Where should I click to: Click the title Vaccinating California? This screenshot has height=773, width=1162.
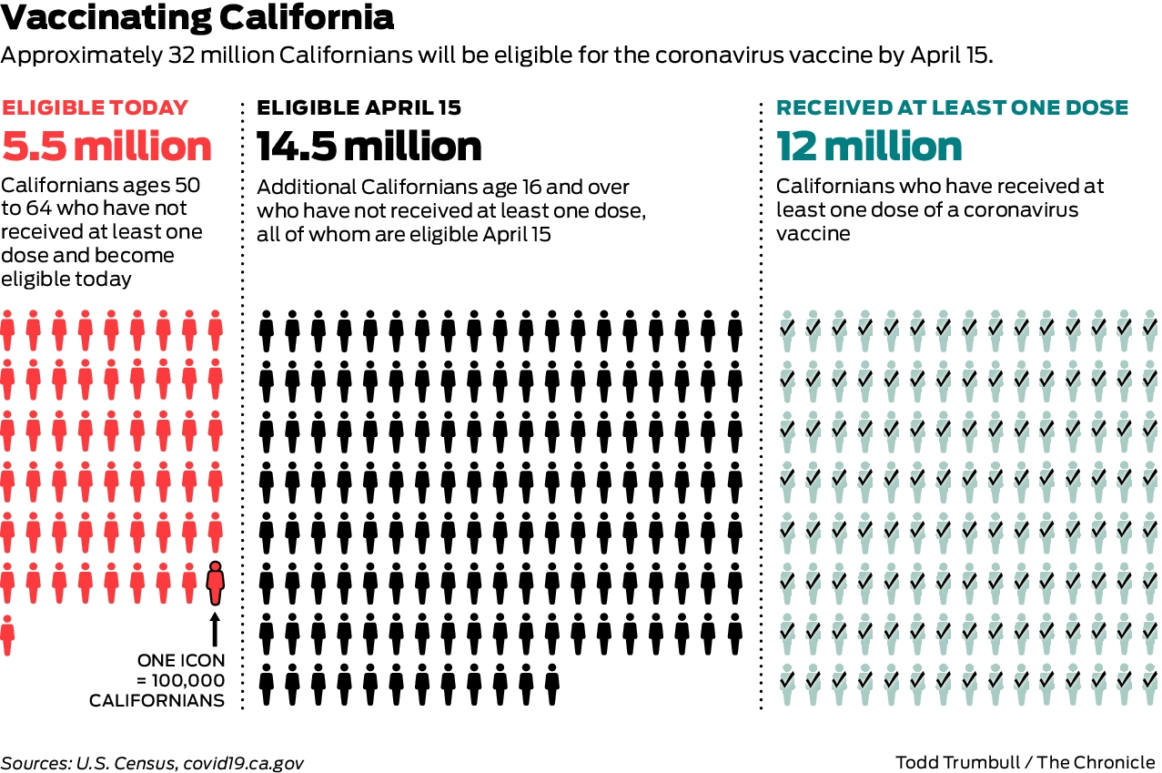pyautogui.click(x=197, y=18)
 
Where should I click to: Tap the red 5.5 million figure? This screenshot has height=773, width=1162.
pyautogui.click(x=106, y=147)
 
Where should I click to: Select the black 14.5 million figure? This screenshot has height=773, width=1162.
pyautogui.click(x=369, y=147)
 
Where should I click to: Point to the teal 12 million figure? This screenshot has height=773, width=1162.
pyautogui.click(x=869, y=147)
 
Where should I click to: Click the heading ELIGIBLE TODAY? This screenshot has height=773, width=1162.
pyautogui.click(x=95, y=107)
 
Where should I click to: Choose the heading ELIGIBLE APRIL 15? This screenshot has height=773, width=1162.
pyautogui.click(x=359, y=107)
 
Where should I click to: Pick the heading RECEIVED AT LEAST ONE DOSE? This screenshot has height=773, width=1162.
pyautogui.click(x=952, y=107)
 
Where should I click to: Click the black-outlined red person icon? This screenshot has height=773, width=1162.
pyautogui.click(x=215, y=584)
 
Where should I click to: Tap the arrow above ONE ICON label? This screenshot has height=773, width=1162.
pyautogui.click(x=215, y=629)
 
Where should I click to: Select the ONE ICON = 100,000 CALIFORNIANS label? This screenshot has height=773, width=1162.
pyautogui.click(x=179, y=680)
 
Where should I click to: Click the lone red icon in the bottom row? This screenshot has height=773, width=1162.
pyautogui.click(x=7, y=635)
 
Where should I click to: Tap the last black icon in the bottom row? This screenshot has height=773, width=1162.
pyautogui.click(x=552, y=685)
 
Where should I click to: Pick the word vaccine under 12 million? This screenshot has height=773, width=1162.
pyautogui.click(x=813, y=233)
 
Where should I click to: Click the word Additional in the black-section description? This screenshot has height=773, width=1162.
pyautogui.click(x=301, y=188)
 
